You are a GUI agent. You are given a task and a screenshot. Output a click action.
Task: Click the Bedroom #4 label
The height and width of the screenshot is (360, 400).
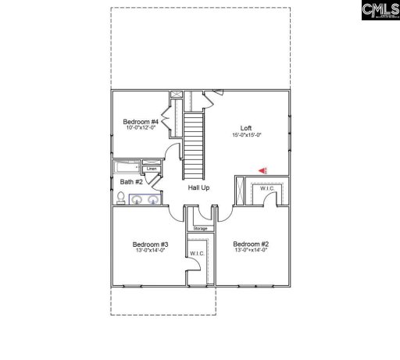coord(141,122)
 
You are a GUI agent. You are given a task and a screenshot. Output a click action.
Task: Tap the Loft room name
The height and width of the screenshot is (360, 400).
coord(245,128)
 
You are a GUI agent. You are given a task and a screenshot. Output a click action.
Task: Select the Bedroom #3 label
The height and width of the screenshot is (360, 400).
coord(151,244)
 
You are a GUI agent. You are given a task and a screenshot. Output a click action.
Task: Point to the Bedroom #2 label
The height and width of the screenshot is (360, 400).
coord(250,244)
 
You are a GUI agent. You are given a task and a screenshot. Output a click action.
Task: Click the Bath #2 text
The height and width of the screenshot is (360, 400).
coord(130,183)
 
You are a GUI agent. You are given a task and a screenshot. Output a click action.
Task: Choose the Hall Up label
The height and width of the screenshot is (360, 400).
coord(198,187)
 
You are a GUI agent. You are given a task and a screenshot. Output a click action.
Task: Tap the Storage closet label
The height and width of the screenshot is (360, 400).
coord(200,228)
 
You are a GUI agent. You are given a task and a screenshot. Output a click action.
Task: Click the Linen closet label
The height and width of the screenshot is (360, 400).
coord(152,169)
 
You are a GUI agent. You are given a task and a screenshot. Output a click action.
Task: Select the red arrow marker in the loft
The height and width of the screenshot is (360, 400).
coord(263,169)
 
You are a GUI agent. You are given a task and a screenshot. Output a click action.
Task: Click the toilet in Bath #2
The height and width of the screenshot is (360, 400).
coord(121,200)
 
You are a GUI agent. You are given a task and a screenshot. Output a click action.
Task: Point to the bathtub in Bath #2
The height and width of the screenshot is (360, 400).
coord(127,167)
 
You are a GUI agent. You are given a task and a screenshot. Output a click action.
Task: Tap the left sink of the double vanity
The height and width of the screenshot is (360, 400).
coord(136,200)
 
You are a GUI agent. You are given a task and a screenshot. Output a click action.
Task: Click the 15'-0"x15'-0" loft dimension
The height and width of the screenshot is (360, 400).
coord(246,135)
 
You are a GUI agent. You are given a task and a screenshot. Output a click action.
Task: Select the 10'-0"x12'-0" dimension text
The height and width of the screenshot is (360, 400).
coord(141,128)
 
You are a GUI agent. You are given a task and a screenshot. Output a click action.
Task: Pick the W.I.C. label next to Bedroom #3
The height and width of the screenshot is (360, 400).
coord(195,254)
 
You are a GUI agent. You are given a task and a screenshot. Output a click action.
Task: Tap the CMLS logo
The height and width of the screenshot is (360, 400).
coord(379,12)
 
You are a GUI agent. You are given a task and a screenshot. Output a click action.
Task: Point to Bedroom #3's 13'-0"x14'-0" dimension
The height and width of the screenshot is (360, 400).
coord(151,250)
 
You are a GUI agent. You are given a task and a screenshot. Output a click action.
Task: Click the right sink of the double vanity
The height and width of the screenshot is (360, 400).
coord(152,200)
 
